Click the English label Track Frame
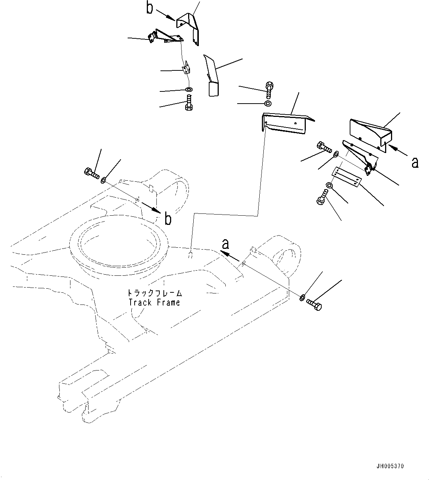(154, 303)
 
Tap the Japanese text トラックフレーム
(155, 293)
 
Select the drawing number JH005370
(391, 466)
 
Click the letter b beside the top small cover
(149, 8)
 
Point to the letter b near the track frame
(168, 219)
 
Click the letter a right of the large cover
(415, 162)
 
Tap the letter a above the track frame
(225, 244)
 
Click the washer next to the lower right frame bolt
(302, 297)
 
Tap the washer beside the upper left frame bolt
(104, 180)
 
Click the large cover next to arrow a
(369, 133)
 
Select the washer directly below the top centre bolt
(268, 103)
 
